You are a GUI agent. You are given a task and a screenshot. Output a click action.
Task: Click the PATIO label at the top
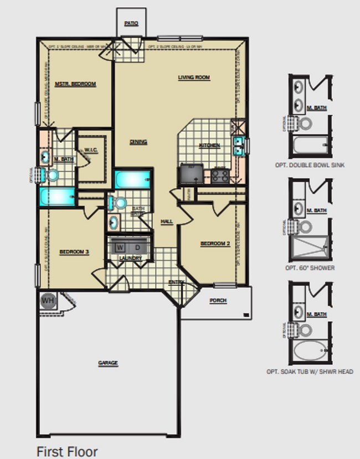pyautogui.click(x=131, y=23)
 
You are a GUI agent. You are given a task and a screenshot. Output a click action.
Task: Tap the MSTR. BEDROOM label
pyautogui.click(x=76, y=84)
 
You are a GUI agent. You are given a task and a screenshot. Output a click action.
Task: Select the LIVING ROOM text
pyautogui.click(x=194, y=78)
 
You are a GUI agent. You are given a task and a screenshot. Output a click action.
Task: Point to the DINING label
pyautogui.click(x=138, y=142)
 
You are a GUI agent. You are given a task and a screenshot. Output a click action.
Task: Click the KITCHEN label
pyautogui.click(x=209, y=146)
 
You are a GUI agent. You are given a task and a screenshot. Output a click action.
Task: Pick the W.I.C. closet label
pyautogui.click(x=90, y=150)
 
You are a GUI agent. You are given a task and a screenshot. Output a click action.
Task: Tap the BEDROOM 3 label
pyautogui.click(x=74, y=252)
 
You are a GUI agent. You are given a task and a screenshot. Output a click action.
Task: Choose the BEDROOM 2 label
pyautogui.click(x=215, y=244)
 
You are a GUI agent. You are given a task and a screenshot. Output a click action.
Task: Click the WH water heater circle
pyautogui.click(x=48, y=301)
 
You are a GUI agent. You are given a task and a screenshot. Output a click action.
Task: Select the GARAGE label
pyautogui.click(x=108, y=363)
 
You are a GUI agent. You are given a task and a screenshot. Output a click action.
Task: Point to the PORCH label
pyautogui.click(x=218, y=301)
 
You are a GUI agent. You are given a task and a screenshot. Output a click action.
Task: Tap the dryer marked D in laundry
pyautogui.click(x=138, y=246)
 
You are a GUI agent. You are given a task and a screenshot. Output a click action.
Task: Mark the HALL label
pyautogui.click(x=167, y=221)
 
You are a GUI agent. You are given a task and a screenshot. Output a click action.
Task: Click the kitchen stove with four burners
pyautogui.click(x=219, y=176)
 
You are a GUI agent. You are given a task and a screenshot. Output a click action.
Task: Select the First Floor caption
pyautogui.click(x=67, y=451)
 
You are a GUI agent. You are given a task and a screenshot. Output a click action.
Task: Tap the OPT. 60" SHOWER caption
pyautogui.click(x=310, y=268)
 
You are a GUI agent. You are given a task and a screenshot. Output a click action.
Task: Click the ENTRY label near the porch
pyautogui.click(x=177, y=282)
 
